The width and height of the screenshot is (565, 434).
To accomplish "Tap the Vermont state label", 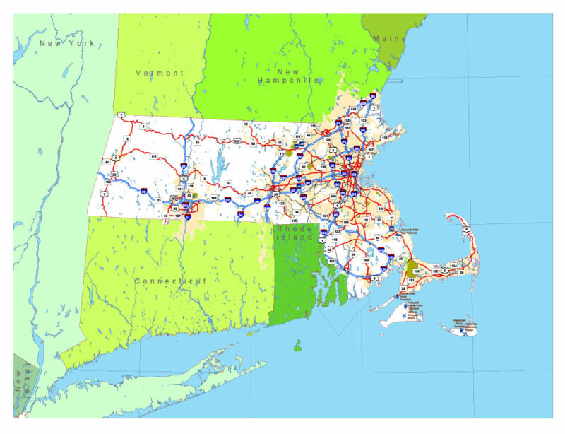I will pos(160,73).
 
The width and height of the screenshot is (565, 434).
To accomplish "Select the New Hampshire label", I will pos(287,76).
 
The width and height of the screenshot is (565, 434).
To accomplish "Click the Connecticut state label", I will pos(170,281).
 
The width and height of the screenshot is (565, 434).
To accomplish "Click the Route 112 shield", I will pos(153,156).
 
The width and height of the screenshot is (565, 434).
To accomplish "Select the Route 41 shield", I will pos(107,162).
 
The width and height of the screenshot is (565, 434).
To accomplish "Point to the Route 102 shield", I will pos(107,182).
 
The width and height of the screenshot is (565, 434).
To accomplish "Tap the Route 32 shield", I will pos(227,182).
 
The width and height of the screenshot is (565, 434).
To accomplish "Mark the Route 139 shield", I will pos(380,209).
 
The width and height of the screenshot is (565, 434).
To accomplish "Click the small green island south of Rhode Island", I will pos(298,346).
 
